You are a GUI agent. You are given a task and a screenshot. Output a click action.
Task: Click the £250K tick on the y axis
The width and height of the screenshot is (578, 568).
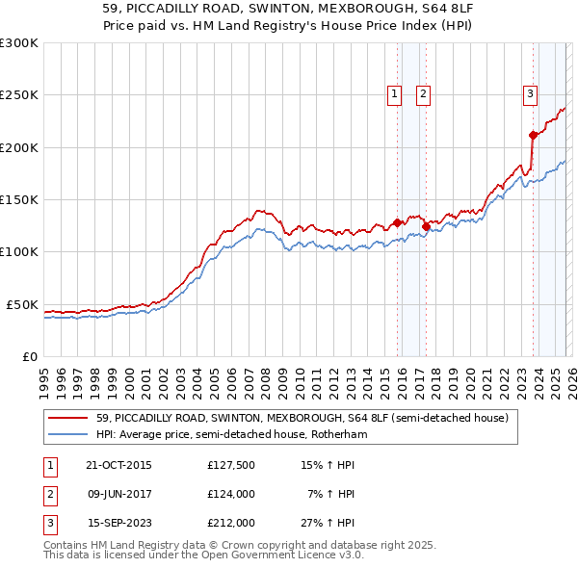click(x=19, y=95)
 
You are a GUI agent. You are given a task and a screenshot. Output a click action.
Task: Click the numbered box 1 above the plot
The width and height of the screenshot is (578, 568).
click(x=395, y=93)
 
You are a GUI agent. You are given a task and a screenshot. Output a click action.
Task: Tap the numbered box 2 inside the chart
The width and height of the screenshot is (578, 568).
click(x=423, y=93)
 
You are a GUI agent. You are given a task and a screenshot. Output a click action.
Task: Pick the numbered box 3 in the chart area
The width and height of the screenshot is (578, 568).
click(x=530, y=93)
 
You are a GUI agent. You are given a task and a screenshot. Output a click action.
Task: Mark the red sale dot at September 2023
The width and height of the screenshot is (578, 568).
click(x=533, y=135)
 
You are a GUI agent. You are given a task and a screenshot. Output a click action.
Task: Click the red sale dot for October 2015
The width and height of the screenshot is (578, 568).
click(x=397, y=222)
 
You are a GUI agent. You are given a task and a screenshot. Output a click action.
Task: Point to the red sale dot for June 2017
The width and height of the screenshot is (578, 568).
click(x=426, y=226)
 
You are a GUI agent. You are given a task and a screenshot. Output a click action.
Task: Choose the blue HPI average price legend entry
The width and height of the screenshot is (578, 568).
click(x=231, y=435)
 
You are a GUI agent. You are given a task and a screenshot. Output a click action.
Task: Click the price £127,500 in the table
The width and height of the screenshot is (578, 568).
click(x=230, y=465)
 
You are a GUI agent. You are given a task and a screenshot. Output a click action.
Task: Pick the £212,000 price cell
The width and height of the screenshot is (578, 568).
click(x=230, y=523)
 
